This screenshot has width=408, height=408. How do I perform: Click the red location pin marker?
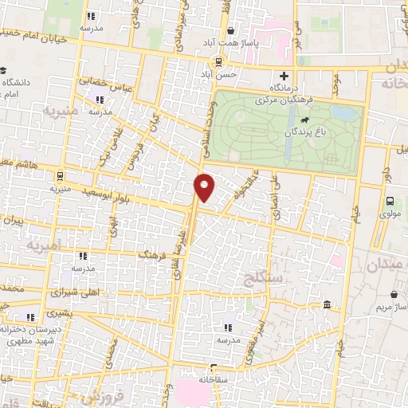[x=205, y=186]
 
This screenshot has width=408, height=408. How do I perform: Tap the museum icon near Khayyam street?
[x=328, y=305]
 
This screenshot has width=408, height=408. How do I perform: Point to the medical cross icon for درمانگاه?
[x=283, y=76]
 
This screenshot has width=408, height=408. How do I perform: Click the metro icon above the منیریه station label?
[x=60, y=175]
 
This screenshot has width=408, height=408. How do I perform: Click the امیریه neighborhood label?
[x=44, y=246]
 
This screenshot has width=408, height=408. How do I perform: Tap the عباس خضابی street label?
[x=96, y=83]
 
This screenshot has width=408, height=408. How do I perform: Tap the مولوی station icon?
[x=390, y=202]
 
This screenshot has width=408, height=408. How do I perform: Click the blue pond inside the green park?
[x=344, y=113]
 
